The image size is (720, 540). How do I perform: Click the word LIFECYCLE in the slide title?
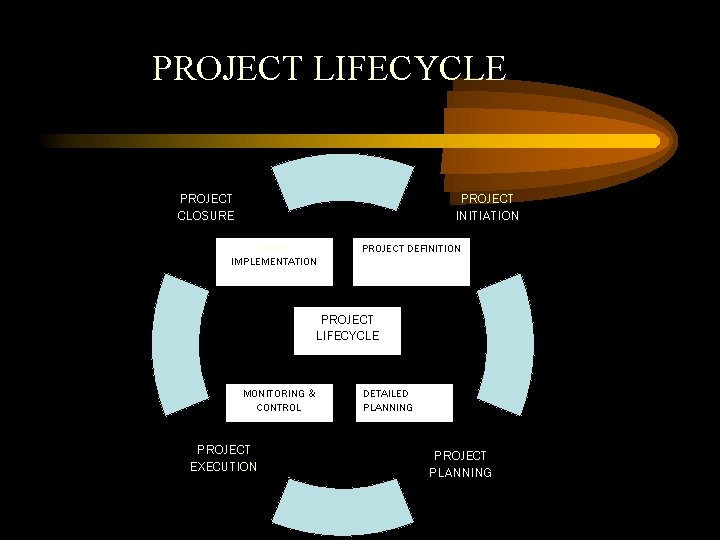[x=410, y=68]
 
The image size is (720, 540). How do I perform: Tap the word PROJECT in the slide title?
[x=228, y=68]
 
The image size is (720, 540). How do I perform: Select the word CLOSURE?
[x=206, y=215]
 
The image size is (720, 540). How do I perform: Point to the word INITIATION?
[x=487, y=215]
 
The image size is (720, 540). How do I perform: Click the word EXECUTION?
[x=223, y=466]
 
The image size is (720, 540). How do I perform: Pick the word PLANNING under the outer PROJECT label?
[x=460, y=472]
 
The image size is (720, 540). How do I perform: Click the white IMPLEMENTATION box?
[x=274, y=262]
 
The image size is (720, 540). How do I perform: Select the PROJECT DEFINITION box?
[x=411, y=262]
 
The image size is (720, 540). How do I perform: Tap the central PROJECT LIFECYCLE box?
[x=347, y=330]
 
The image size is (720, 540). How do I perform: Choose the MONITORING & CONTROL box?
[x=279, y=402]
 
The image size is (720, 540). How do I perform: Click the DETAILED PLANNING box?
[x=404, y=402]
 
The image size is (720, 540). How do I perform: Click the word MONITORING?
[x=273, y=394]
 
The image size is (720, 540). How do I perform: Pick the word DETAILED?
[x=385, y=394]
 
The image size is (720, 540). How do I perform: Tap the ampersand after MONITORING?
[x=311, y=394]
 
